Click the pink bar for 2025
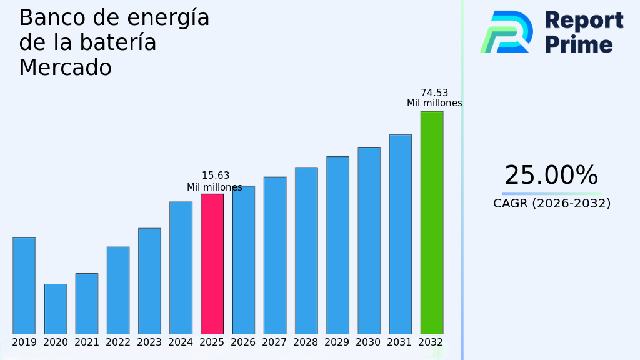pos(212,264)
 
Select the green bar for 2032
pos(431,222)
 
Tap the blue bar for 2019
pos(24,286)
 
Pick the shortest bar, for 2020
pos(55,309)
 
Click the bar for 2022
pos(118,290)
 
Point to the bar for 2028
pos(306,250)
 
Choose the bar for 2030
pos(369,240)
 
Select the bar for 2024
pos(181,267)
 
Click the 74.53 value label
pos(434,93)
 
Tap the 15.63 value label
pos(216,176)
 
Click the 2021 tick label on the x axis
pos(87,342)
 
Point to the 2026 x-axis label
pos(243,342)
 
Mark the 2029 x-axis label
pos(337,342)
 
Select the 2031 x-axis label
pos(399,342)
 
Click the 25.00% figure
pos(551,176)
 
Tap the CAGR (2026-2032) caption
pos(552,204)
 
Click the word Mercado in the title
pos(65,67)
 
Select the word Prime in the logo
pos(579,44)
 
